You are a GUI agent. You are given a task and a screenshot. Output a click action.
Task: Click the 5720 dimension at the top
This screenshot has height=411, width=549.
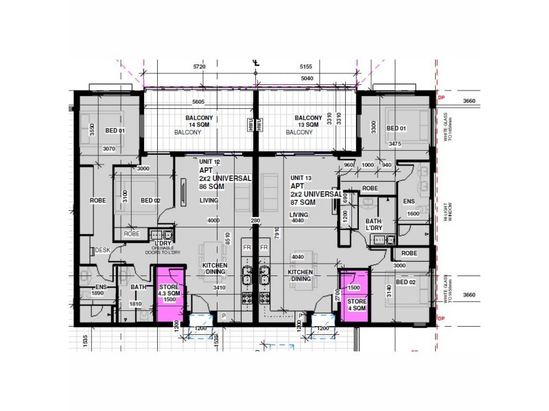(200, 67)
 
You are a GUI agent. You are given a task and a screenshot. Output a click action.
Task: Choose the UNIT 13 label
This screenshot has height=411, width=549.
(301, 178)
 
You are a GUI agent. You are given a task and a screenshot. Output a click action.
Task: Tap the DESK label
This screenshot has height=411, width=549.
(103, 250)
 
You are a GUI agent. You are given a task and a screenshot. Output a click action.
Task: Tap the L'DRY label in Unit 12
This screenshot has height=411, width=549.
(163, 244)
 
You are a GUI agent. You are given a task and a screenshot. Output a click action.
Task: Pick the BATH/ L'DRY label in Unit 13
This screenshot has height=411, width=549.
(373, 225)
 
